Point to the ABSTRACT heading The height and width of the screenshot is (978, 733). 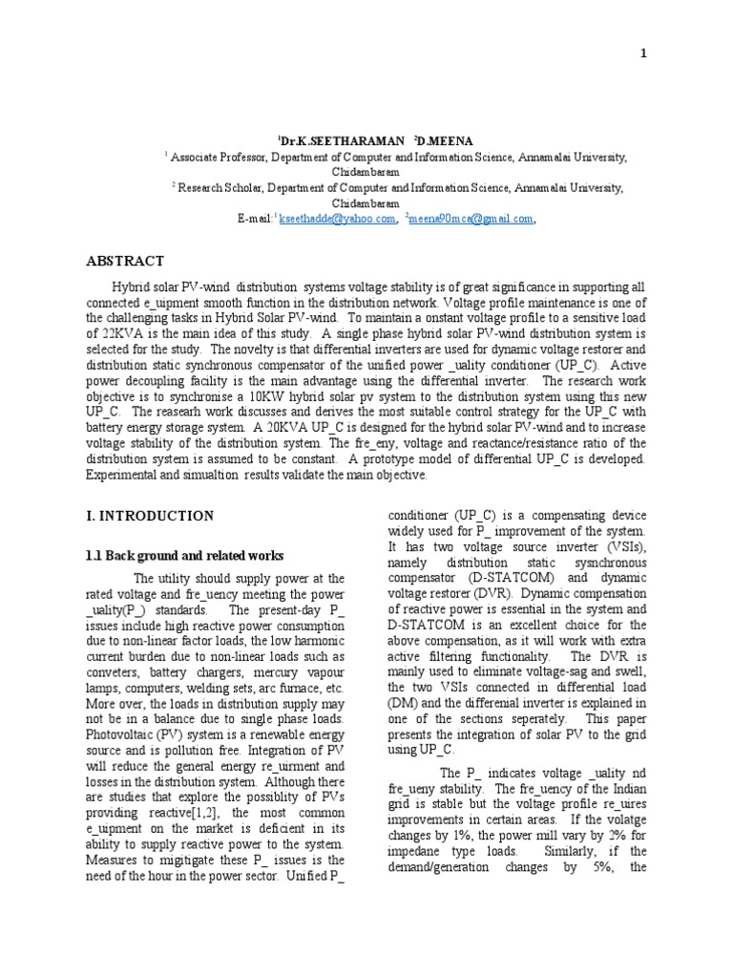(x=126, y=262)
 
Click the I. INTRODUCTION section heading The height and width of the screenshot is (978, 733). (x=151, y=516)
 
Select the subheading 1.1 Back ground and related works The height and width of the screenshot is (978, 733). (x=180, y=556)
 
